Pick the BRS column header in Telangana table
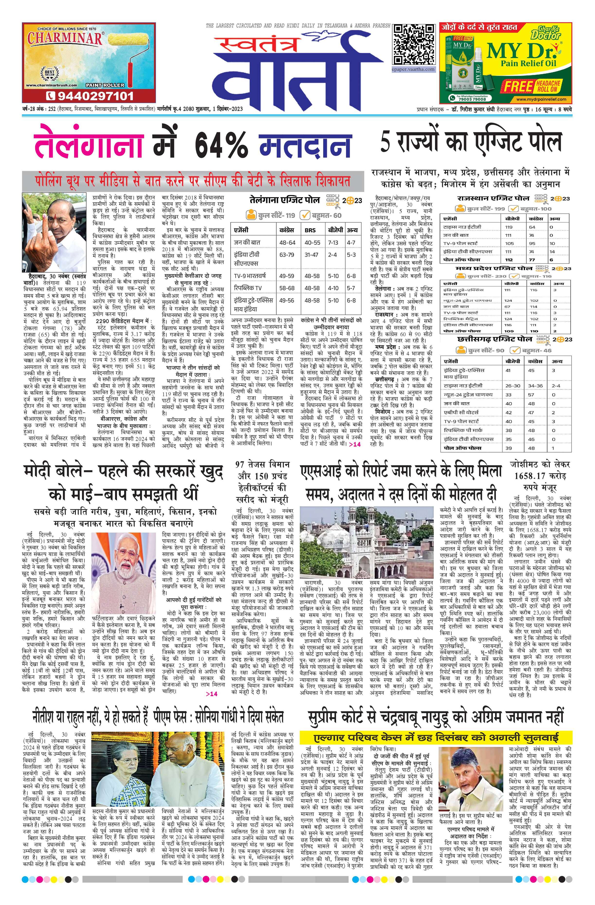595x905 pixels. pos(310,230)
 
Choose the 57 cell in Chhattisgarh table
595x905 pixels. pos(531,395)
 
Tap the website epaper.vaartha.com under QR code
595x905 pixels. pos(414,70)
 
